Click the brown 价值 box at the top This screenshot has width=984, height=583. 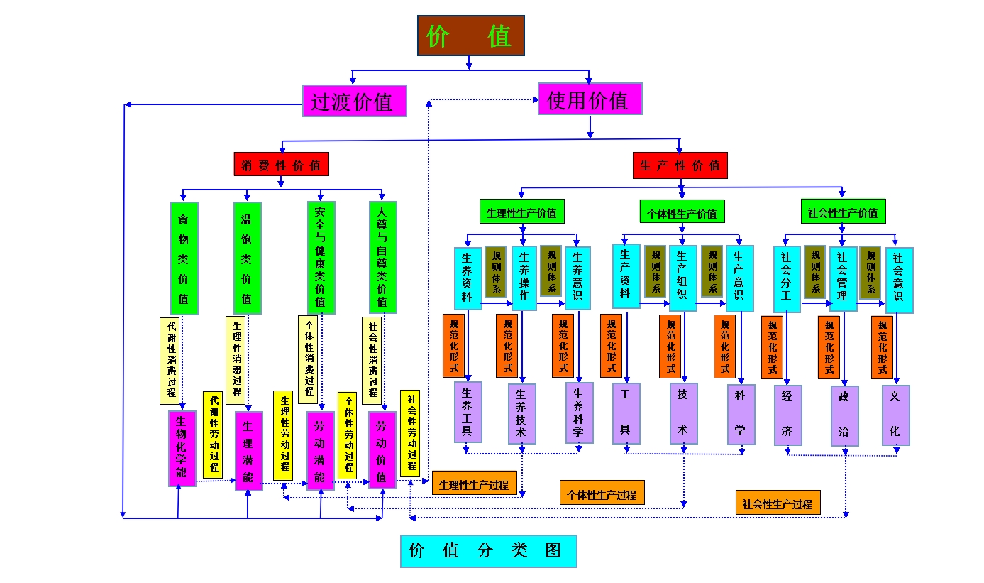click(470, 36)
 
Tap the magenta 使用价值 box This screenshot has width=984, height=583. click(590, 99)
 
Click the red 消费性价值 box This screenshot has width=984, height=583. click(281, 165)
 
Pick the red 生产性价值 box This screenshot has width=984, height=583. click(680, 165)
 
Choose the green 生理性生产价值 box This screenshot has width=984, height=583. click(521, 212)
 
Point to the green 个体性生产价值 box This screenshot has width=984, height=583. click(682, 212)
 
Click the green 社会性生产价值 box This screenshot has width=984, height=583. click(843, 212)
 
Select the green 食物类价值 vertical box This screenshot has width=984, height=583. click(184, 258)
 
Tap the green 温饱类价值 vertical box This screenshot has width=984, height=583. click(247, 258)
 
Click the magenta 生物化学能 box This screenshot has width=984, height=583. click(182, 448)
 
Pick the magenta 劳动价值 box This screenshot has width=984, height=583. click(382, 449)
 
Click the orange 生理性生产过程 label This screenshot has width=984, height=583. click(473, 485)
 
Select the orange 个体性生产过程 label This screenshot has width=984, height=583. click(602, 494)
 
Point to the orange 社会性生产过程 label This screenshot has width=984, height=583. click(777, 503)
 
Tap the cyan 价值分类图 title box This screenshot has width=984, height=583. click(488, 551)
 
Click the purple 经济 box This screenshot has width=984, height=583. click(787, 415)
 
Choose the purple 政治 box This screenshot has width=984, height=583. click(844, 415)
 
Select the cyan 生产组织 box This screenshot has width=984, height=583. click(682, 278)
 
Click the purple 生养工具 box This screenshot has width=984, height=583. click(468, 412)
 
